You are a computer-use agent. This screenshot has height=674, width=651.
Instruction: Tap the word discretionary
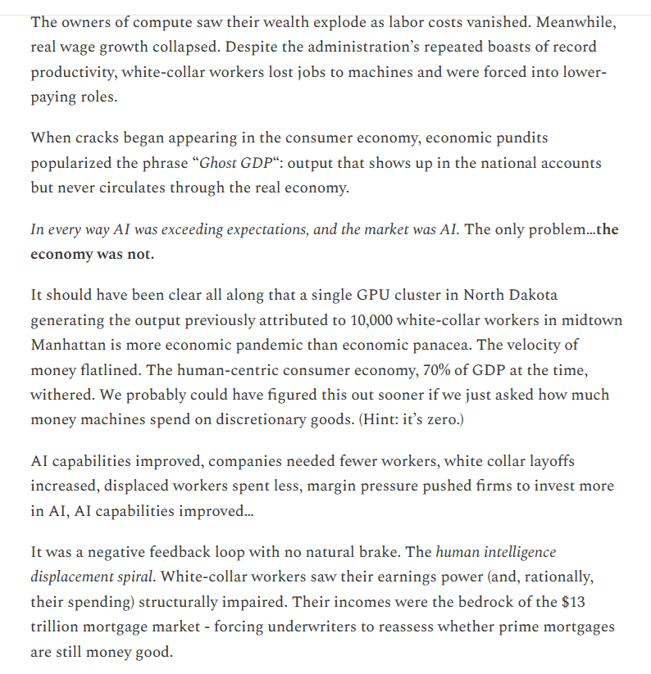[x=258, y=419]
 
